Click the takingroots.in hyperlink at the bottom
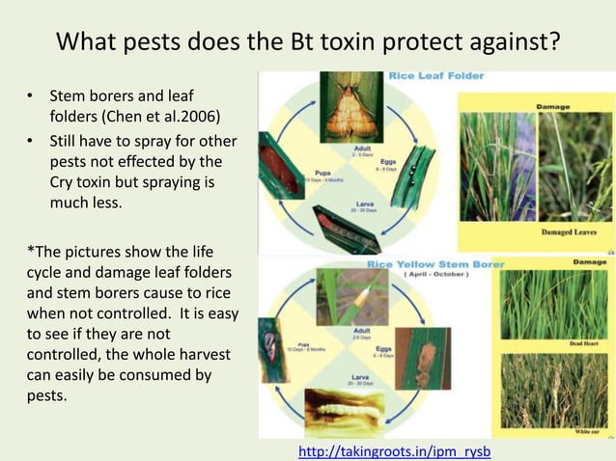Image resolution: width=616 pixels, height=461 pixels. point(395,450)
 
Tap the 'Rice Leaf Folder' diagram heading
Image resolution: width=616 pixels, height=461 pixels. point(436,75)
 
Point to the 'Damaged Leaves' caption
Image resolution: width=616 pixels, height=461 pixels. point(569,232)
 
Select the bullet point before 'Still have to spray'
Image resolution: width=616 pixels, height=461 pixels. point(31,142)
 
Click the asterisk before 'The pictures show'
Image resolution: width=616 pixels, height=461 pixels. point(29,251)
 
